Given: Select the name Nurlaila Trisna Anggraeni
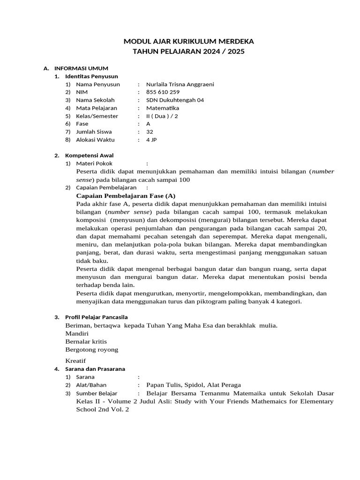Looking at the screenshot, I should pyautogui.click(x=180, y=84).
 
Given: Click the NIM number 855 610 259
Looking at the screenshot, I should pyautogui.click(x=163, y=92).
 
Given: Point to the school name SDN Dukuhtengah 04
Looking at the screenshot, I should pyautogui.click(x=175, y=100).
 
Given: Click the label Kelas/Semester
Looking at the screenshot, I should pyautogui.click(x=97, y=116).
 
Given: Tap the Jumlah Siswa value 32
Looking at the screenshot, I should pyautogui.click(x=150, y=132).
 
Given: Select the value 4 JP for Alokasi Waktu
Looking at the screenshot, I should pyautogui.click(x=151, y=140).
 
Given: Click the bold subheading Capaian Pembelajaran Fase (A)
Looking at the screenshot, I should pyautogui.click(x=126, y=195).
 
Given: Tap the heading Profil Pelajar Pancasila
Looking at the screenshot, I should pyautogui.click(x=96, y=317).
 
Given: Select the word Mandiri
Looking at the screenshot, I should pyautogui.click(x=77, y=333).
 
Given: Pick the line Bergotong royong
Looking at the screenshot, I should pyautogui.click(x=92, y=350).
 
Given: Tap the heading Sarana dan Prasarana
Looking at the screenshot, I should pyautogui.click(x=95, y=369).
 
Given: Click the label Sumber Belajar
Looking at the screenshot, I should pyautogui.click(x=97, y=393).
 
